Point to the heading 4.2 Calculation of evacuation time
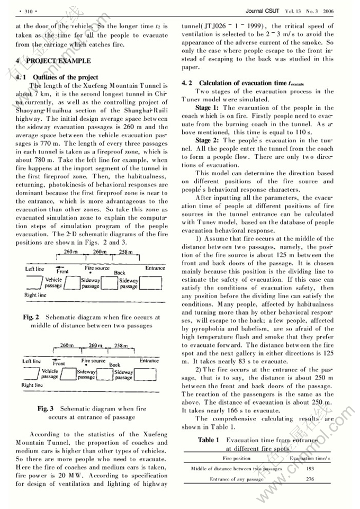[x=238, y=83]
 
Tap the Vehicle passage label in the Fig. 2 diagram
[x=53, y=283]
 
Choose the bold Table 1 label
[x=209, y=440]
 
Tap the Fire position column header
[x=237, y=458]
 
